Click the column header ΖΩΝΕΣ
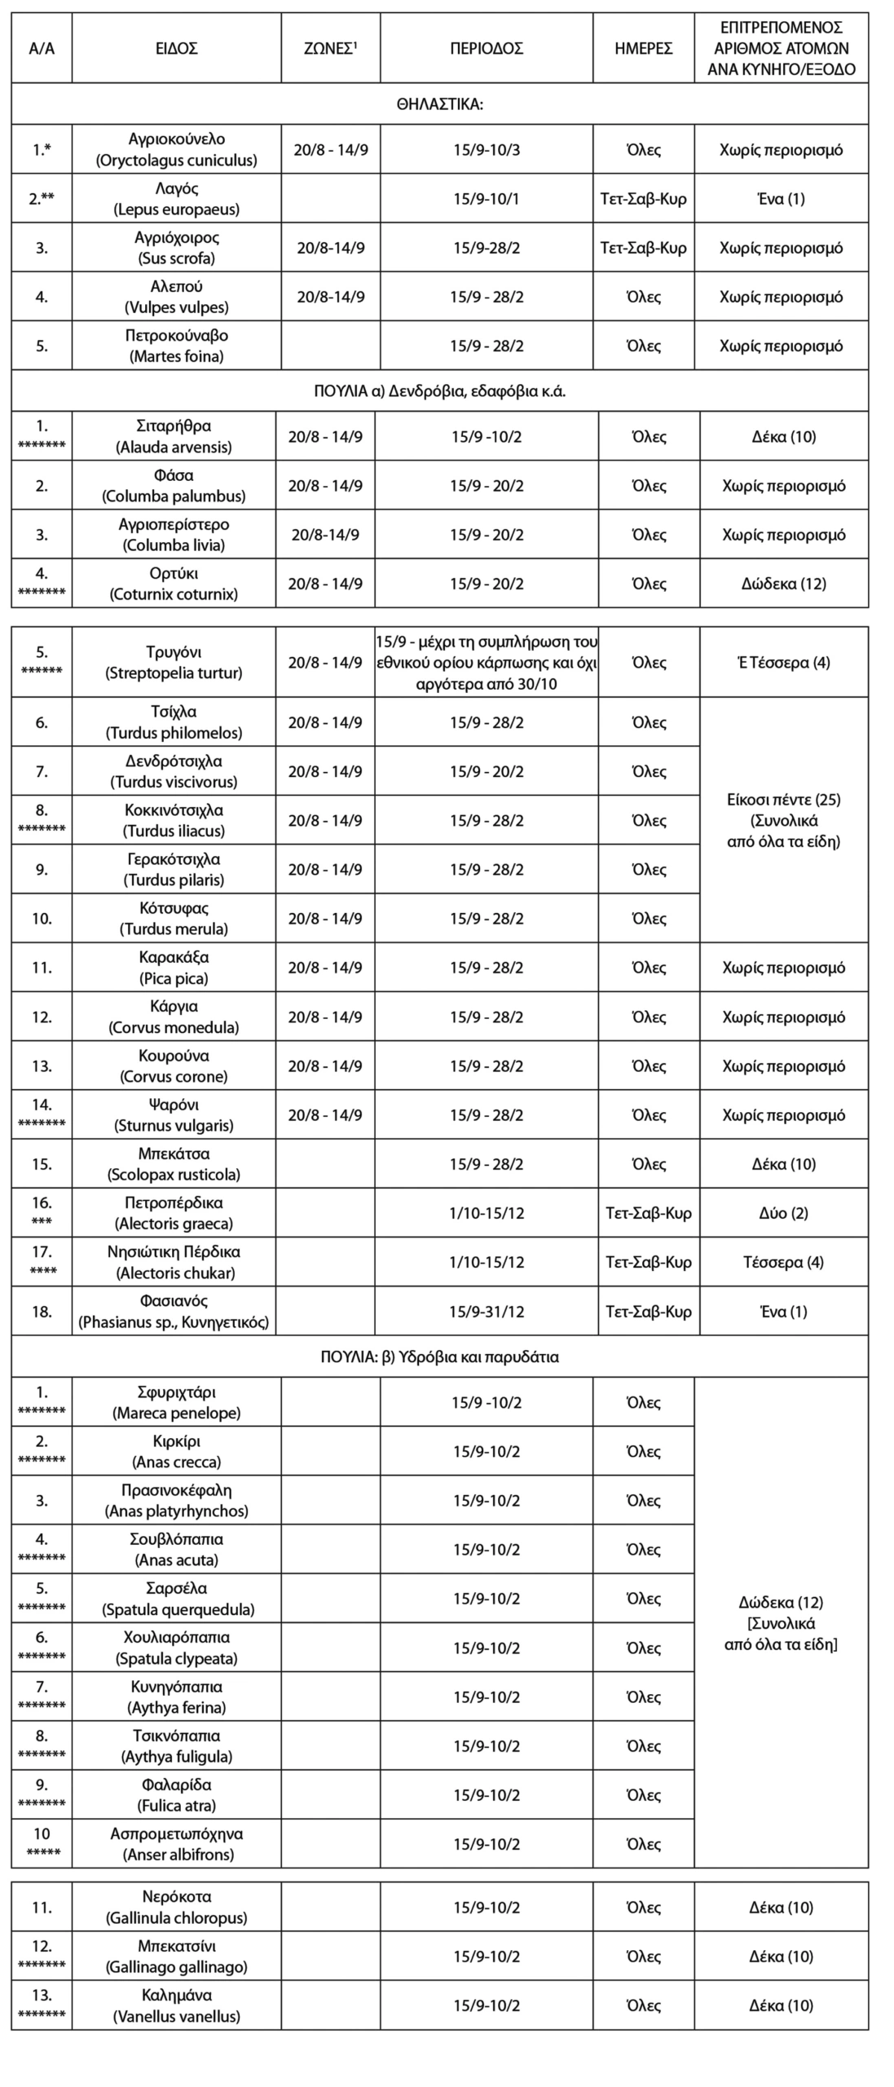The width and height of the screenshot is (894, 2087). (330, 48)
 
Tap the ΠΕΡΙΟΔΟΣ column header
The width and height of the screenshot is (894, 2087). (486, 48)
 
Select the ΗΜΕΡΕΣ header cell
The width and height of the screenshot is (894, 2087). (643, 48)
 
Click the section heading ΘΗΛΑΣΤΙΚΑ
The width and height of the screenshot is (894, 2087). (439, 104)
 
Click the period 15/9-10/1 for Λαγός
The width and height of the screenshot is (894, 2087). (486, 199)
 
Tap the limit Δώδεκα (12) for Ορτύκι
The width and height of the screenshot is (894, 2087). (783, 584)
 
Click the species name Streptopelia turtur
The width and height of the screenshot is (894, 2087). (174, 673)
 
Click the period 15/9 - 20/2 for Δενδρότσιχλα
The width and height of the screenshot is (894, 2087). (487, 771)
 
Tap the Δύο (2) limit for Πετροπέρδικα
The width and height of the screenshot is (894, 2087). (783, 1213)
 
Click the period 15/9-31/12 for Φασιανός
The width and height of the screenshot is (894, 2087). (487, 1312)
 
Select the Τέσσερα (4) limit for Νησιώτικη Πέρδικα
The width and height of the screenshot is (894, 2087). (783, 1262)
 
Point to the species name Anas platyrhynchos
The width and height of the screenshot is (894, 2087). (176, 1511)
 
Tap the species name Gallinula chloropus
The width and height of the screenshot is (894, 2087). (176, 1917)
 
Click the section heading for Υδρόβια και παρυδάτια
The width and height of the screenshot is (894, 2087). (439, 1357)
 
